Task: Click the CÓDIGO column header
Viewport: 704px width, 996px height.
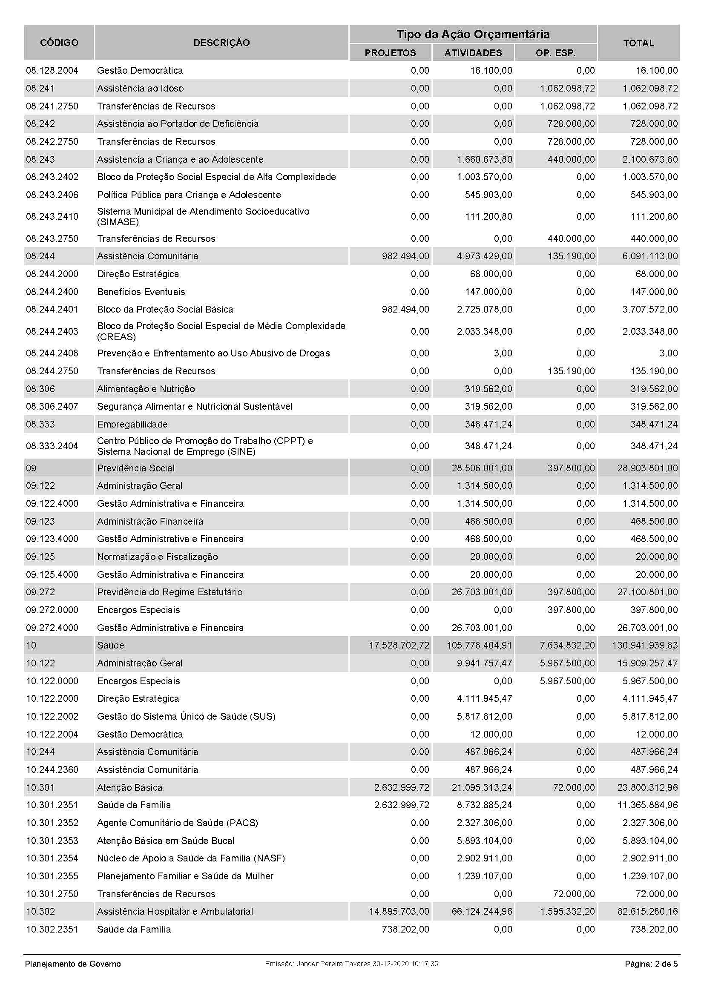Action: coord(59,43)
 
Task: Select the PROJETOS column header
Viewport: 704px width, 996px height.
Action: coord(390,53)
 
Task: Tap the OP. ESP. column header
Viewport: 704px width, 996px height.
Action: coord(556,53)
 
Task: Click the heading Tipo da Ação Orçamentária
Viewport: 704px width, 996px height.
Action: coord(473,34)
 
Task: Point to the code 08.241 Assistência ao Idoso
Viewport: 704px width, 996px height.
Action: coord(40,89)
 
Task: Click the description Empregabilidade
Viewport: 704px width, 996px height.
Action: coord(132,424)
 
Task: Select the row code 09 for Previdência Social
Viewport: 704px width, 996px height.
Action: coord(31,468)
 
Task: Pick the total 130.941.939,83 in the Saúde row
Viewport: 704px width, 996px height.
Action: coord(644,645)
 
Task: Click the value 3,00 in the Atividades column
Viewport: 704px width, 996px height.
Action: coord(503,353)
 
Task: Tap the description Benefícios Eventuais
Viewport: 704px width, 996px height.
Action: coord(141,292)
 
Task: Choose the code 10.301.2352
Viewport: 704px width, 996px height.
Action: coord(52,823)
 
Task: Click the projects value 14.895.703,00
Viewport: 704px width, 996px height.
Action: coord(399,911)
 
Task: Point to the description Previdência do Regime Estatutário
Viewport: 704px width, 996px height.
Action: coord(170,592)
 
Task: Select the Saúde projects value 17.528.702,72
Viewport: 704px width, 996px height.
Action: coord(399,645)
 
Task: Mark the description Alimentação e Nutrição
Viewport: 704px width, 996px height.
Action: coord(146,389)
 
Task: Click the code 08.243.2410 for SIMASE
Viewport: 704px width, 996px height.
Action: coord(52,216)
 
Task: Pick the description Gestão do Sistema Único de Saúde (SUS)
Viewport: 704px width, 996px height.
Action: coord(186,716)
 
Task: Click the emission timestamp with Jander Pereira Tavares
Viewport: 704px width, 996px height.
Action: coord(351,964)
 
